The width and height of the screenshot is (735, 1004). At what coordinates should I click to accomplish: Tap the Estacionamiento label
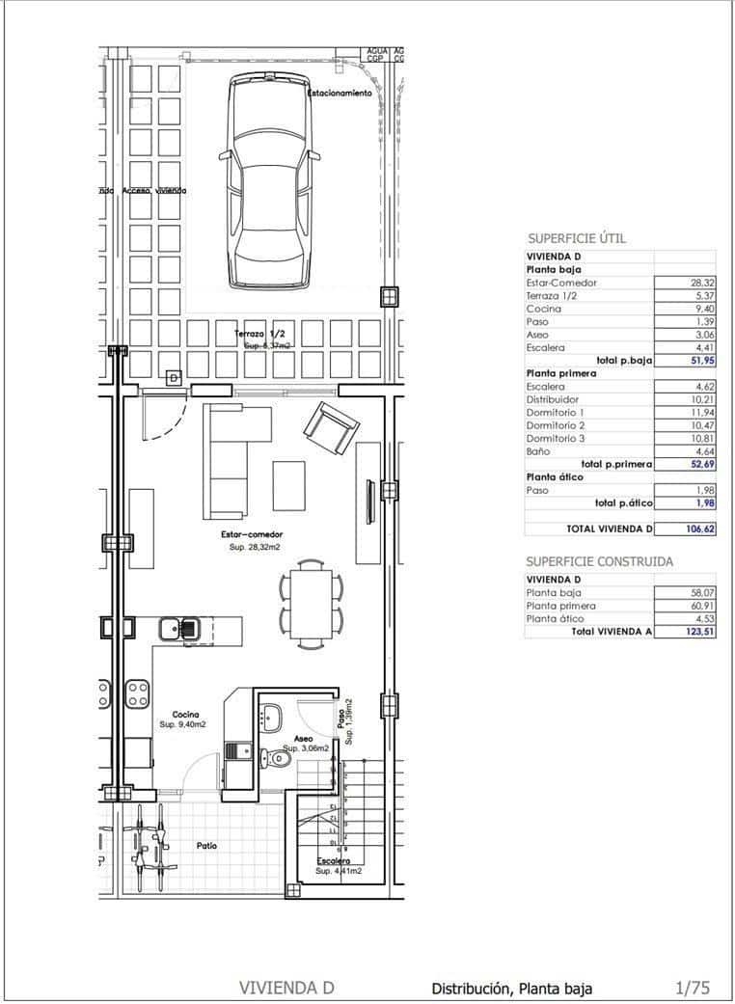click(340, 94)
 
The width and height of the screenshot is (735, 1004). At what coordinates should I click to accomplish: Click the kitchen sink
click(178, 628)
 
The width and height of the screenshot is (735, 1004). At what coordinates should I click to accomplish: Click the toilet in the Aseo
click(281, 759)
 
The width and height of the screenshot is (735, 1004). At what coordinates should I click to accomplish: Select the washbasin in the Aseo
click(270, 715)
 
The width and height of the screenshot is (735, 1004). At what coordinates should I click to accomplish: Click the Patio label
click(206, 846)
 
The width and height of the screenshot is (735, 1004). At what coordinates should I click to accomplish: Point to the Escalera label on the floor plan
click(334, 859)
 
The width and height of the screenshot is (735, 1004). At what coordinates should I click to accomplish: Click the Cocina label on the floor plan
click(185, 714)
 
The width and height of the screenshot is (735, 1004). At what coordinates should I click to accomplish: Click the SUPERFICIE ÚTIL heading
click(577, 237)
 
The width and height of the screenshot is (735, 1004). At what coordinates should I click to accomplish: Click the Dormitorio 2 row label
click(556, 424)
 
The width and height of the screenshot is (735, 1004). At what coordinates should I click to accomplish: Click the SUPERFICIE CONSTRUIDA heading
click(599, 561)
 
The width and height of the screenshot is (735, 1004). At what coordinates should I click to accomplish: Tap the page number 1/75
click(693, 987)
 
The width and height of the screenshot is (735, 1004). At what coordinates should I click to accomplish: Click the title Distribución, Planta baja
click(511, 988)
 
